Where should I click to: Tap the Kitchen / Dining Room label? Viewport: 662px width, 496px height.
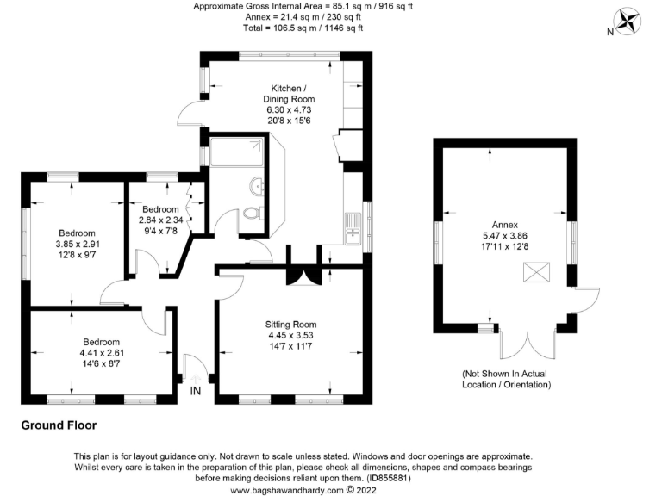coord(288,94)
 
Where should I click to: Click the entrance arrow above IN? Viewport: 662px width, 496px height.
coord(197,377)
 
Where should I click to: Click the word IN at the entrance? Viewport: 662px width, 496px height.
coord(197,391)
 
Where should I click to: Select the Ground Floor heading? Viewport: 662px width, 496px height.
coord(59,425)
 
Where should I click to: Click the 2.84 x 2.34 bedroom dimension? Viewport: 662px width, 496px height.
coord(161,220)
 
